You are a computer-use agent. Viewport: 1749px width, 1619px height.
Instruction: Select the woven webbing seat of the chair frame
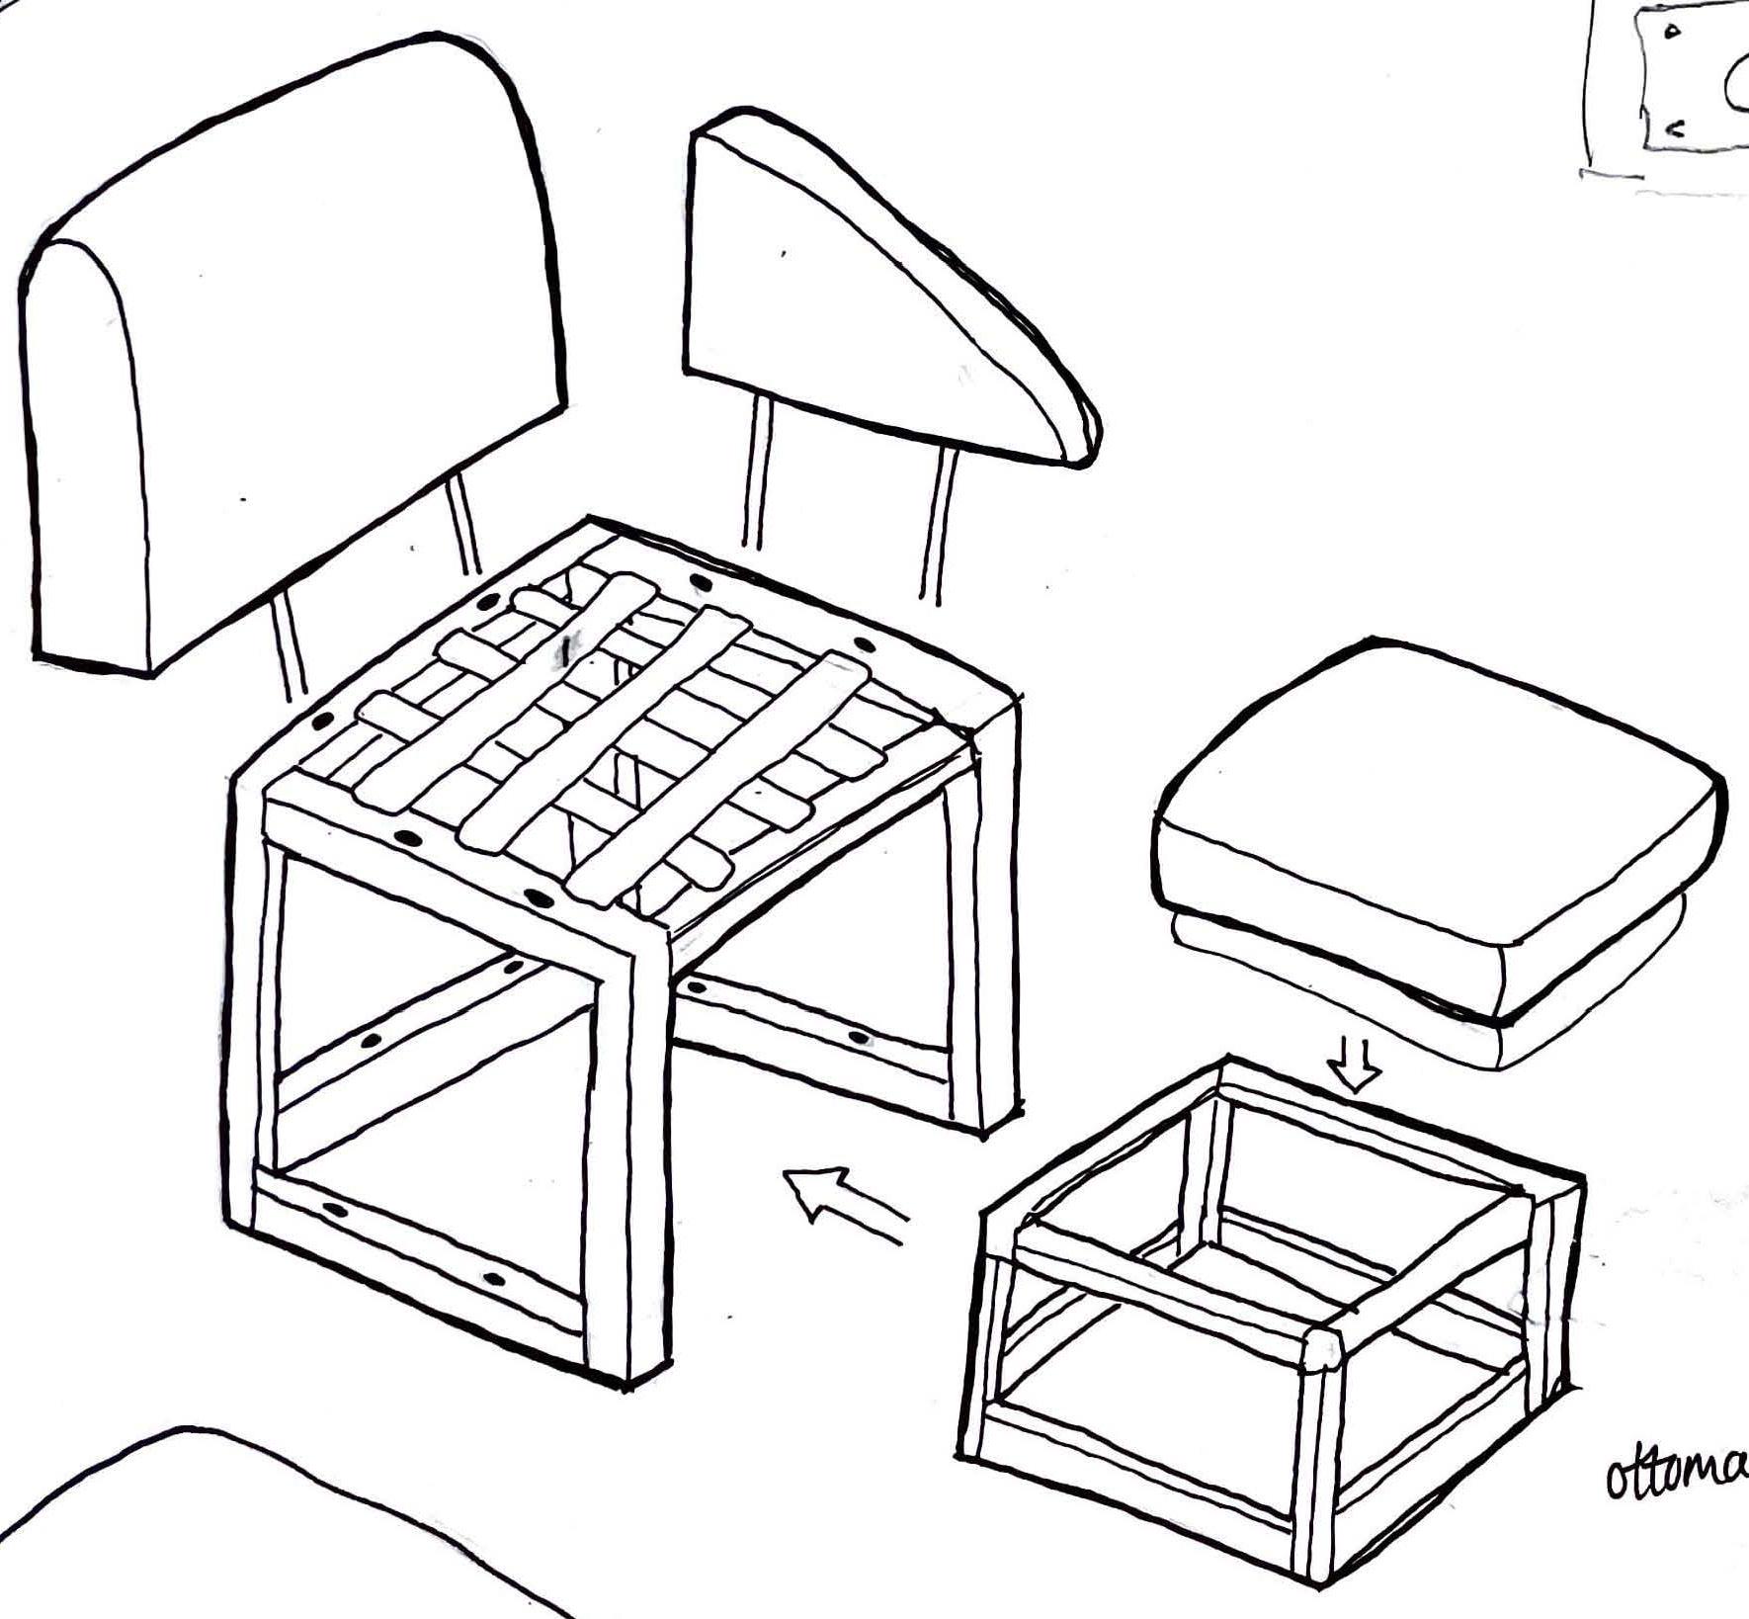pos(632,731)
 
